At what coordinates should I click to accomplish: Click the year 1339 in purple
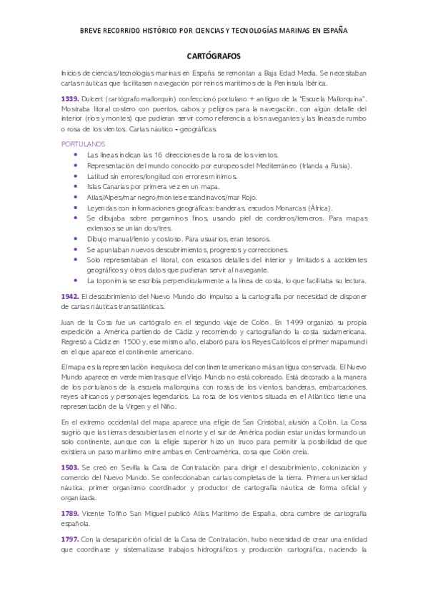pos(70,96)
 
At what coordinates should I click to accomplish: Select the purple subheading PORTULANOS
pos(80,143)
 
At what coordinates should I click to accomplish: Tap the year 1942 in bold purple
pos(70,295)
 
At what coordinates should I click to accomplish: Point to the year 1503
pos(70,467)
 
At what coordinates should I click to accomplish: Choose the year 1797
pos(70,551)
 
